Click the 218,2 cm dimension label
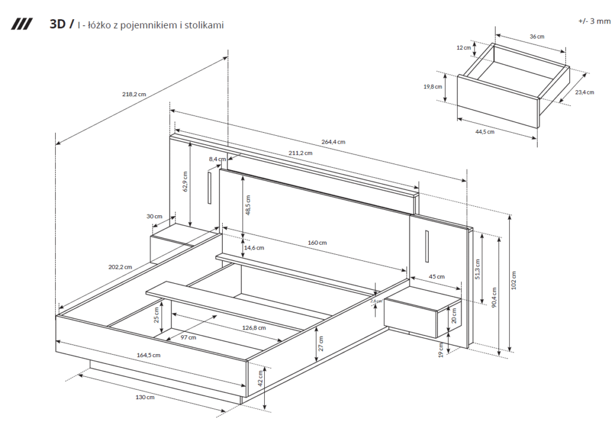coord(134,94)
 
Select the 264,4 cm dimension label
coord(333,142)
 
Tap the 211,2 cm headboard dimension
coord(300,153)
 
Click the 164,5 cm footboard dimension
coord(149,355)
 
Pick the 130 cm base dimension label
coord(145,397)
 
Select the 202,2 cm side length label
coord(120,266)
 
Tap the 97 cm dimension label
coord(189,337)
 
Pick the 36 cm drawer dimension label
coord(536,37)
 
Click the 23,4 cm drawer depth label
coord(584,92)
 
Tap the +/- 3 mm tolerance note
coord(594,21)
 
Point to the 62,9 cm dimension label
coord(186,182)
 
